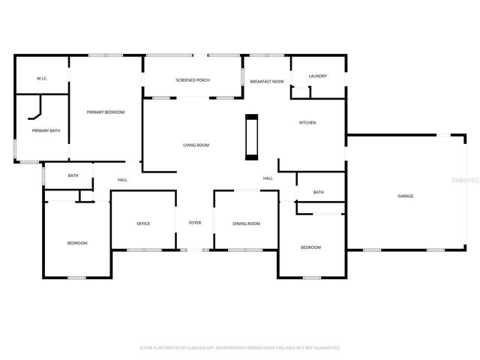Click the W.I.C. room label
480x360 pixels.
coord(42,79)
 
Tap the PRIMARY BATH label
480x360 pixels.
coord(46,130)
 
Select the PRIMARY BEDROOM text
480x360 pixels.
coord(105,112)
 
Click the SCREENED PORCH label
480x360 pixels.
coord(193,80)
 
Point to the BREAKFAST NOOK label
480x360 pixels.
coord(266,80)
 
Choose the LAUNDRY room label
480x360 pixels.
coord(318,76)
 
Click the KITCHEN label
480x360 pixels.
coord(307,122)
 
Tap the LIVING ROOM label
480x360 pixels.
coord(196,145)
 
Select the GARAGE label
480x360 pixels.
coord(405,196)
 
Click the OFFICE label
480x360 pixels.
coord(144,223)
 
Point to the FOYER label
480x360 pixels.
coord(195,223)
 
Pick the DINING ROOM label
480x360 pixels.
coord(246,223)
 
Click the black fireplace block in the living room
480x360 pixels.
coord(251,136)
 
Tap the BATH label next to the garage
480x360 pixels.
coord(319,192)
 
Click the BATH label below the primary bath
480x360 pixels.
coord(73,175)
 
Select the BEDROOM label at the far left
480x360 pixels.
coord(77,243)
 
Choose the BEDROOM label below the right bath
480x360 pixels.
coord(310,247)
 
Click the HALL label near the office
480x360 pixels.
coord(122,179)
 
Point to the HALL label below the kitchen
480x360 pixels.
coord(268,178)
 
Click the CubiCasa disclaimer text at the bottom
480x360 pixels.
coord(240,348)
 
